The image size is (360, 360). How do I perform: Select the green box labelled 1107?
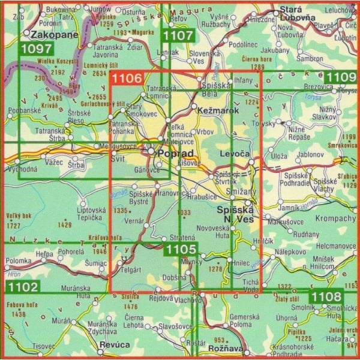click(178, 35)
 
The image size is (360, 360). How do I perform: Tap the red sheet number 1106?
click(127, 78)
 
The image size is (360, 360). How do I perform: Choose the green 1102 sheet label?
click(23, 287)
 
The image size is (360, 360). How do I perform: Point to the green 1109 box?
click(340, 77)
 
